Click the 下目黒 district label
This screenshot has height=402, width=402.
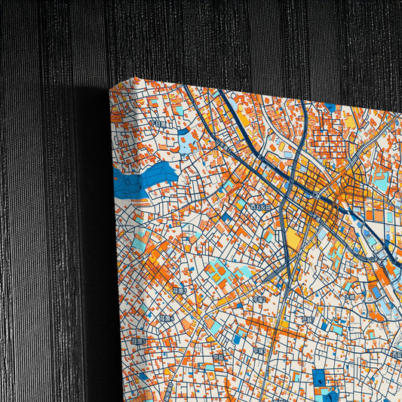pyautogui.click(x=156, y=123)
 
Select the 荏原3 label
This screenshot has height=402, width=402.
pyautogui.click(x=179, y=290)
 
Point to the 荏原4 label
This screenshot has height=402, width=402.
pyautogui.click(x=167, y=318)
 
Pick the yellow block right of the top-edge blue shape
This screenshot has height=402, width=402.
pyautogui.click(x=349, y=118)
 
